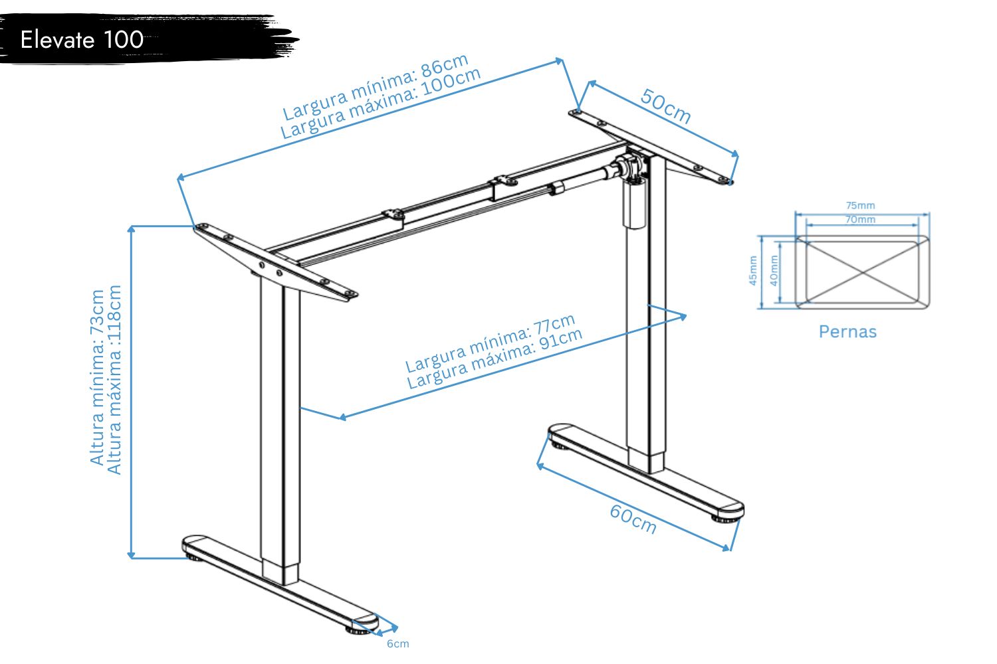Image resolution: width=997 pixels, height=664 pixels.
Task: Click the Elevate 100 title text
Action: coord(82,40)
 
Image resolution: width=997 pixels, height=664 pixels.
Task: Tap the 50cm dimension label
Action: coord(666,106)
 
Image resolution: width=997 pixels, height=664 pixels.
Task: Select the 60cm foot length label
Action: coord(633,519)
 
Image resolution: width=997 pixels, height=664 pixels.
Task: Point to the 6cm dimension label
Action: coord(397,643)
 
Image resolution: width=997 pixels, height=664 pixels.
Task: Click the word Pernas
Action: coord(847,332)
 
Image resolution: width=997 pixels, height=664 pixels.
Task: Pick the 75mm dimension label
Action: coord(860,205)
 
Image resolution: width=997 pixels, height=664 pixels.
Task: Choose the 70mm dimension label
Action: coord(860,219)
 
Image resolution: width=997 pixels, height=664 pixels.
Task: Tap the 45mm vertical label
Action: coord(752,271)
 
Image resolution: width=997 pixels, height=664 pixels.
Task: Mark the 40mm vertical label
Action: coord(774,271)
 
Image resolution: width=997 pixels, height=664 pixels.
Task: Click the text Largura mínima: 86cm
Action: coord(376,86)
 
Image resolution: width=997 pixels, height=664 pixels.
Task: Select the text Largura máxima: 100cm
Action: coord(381,103)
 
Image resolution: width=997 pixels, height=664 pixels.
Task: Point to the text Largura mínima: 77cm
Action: coord(490,343)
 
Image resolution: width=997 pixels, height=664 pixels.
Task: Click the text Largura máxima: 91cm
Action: coord(495,359)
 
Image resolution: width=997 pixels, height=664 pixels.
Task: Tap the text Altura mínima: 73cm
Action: coord(97,378)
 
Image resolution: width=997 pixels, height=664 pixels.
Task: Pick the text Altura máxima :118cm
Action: coord(114,380)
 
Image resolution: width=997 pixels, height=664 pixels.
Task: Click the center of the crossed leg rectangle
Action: coord(863,272)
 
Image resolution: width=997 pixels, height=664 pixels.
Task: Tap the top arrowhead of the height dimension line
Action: coord(131,229)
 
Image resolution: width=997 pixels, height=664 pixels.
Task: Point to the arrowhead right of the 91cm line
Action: coord(683,317)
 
